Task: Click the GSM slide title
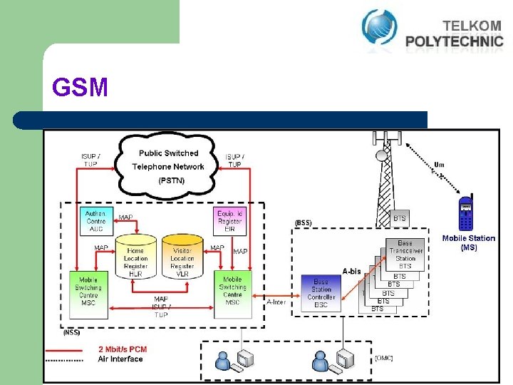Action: point(80,88)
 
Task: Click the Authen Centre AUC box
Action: point(95,220)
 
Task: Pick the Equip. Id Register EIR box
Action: point(230,220)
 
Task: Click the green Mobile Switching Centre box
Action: point(88,292)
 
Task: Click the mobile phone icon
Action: point(466,213)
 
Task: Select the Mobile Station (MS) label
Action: point(469,242)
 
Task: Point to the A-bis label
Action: point(351,271)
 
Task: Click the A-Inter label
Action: point(276,302)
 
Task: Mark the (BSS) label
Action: point(303,222)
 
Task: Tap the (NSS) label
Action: point(71,332)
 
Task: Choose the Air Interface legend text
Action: point(120,359)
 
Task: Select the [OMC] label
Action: point(383,358)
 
